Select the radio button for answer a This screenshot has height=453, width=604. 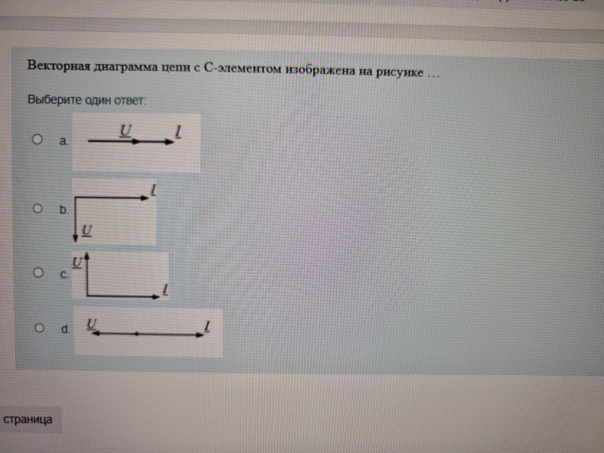point(37,139)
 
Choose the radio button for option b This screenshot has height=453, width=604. point(38,208)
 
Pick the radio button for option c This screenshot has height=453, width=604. point(38,273)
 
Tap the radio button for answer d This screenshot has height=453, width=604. point(39,328)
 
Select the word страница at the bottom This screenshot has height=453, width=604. point(28,420)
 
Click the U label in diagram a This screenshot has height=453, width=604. point(125,131)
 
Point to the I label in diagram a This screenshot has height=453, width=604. point(179,131)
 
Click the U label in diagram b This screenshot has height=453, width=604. point(87,230)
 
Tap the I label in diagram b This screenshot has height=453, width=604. point(153,190)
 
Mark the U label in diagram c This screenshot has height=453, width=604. point(77,262)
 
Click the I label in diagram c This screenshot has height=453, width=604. point(165,290)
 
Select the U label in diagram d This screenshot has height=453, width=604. point(92,324)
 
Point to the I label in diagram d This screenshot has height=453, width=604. point(207,326)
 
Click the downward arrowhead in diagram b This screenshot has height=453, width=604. point(75,238)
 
